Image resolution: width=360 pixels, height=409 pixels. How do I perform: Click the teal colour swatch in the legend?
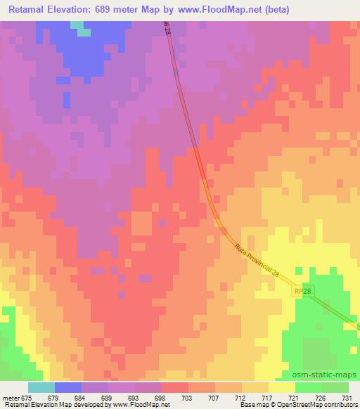(41, 388)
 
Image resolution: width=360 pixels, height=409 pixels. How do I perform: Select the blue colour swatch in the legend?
(68, 388)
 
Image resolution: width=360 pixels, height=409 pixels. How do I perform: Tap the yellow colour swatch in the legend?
(281, 388)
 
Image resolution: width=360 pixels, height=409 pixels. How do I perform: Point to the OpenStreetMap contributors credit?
(323, 405)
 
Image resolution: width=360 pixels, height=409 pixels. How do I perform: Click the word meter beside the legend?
(10, 398)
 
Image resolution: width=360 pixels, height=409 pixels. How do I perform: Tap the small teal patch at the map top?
(84, 32)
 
